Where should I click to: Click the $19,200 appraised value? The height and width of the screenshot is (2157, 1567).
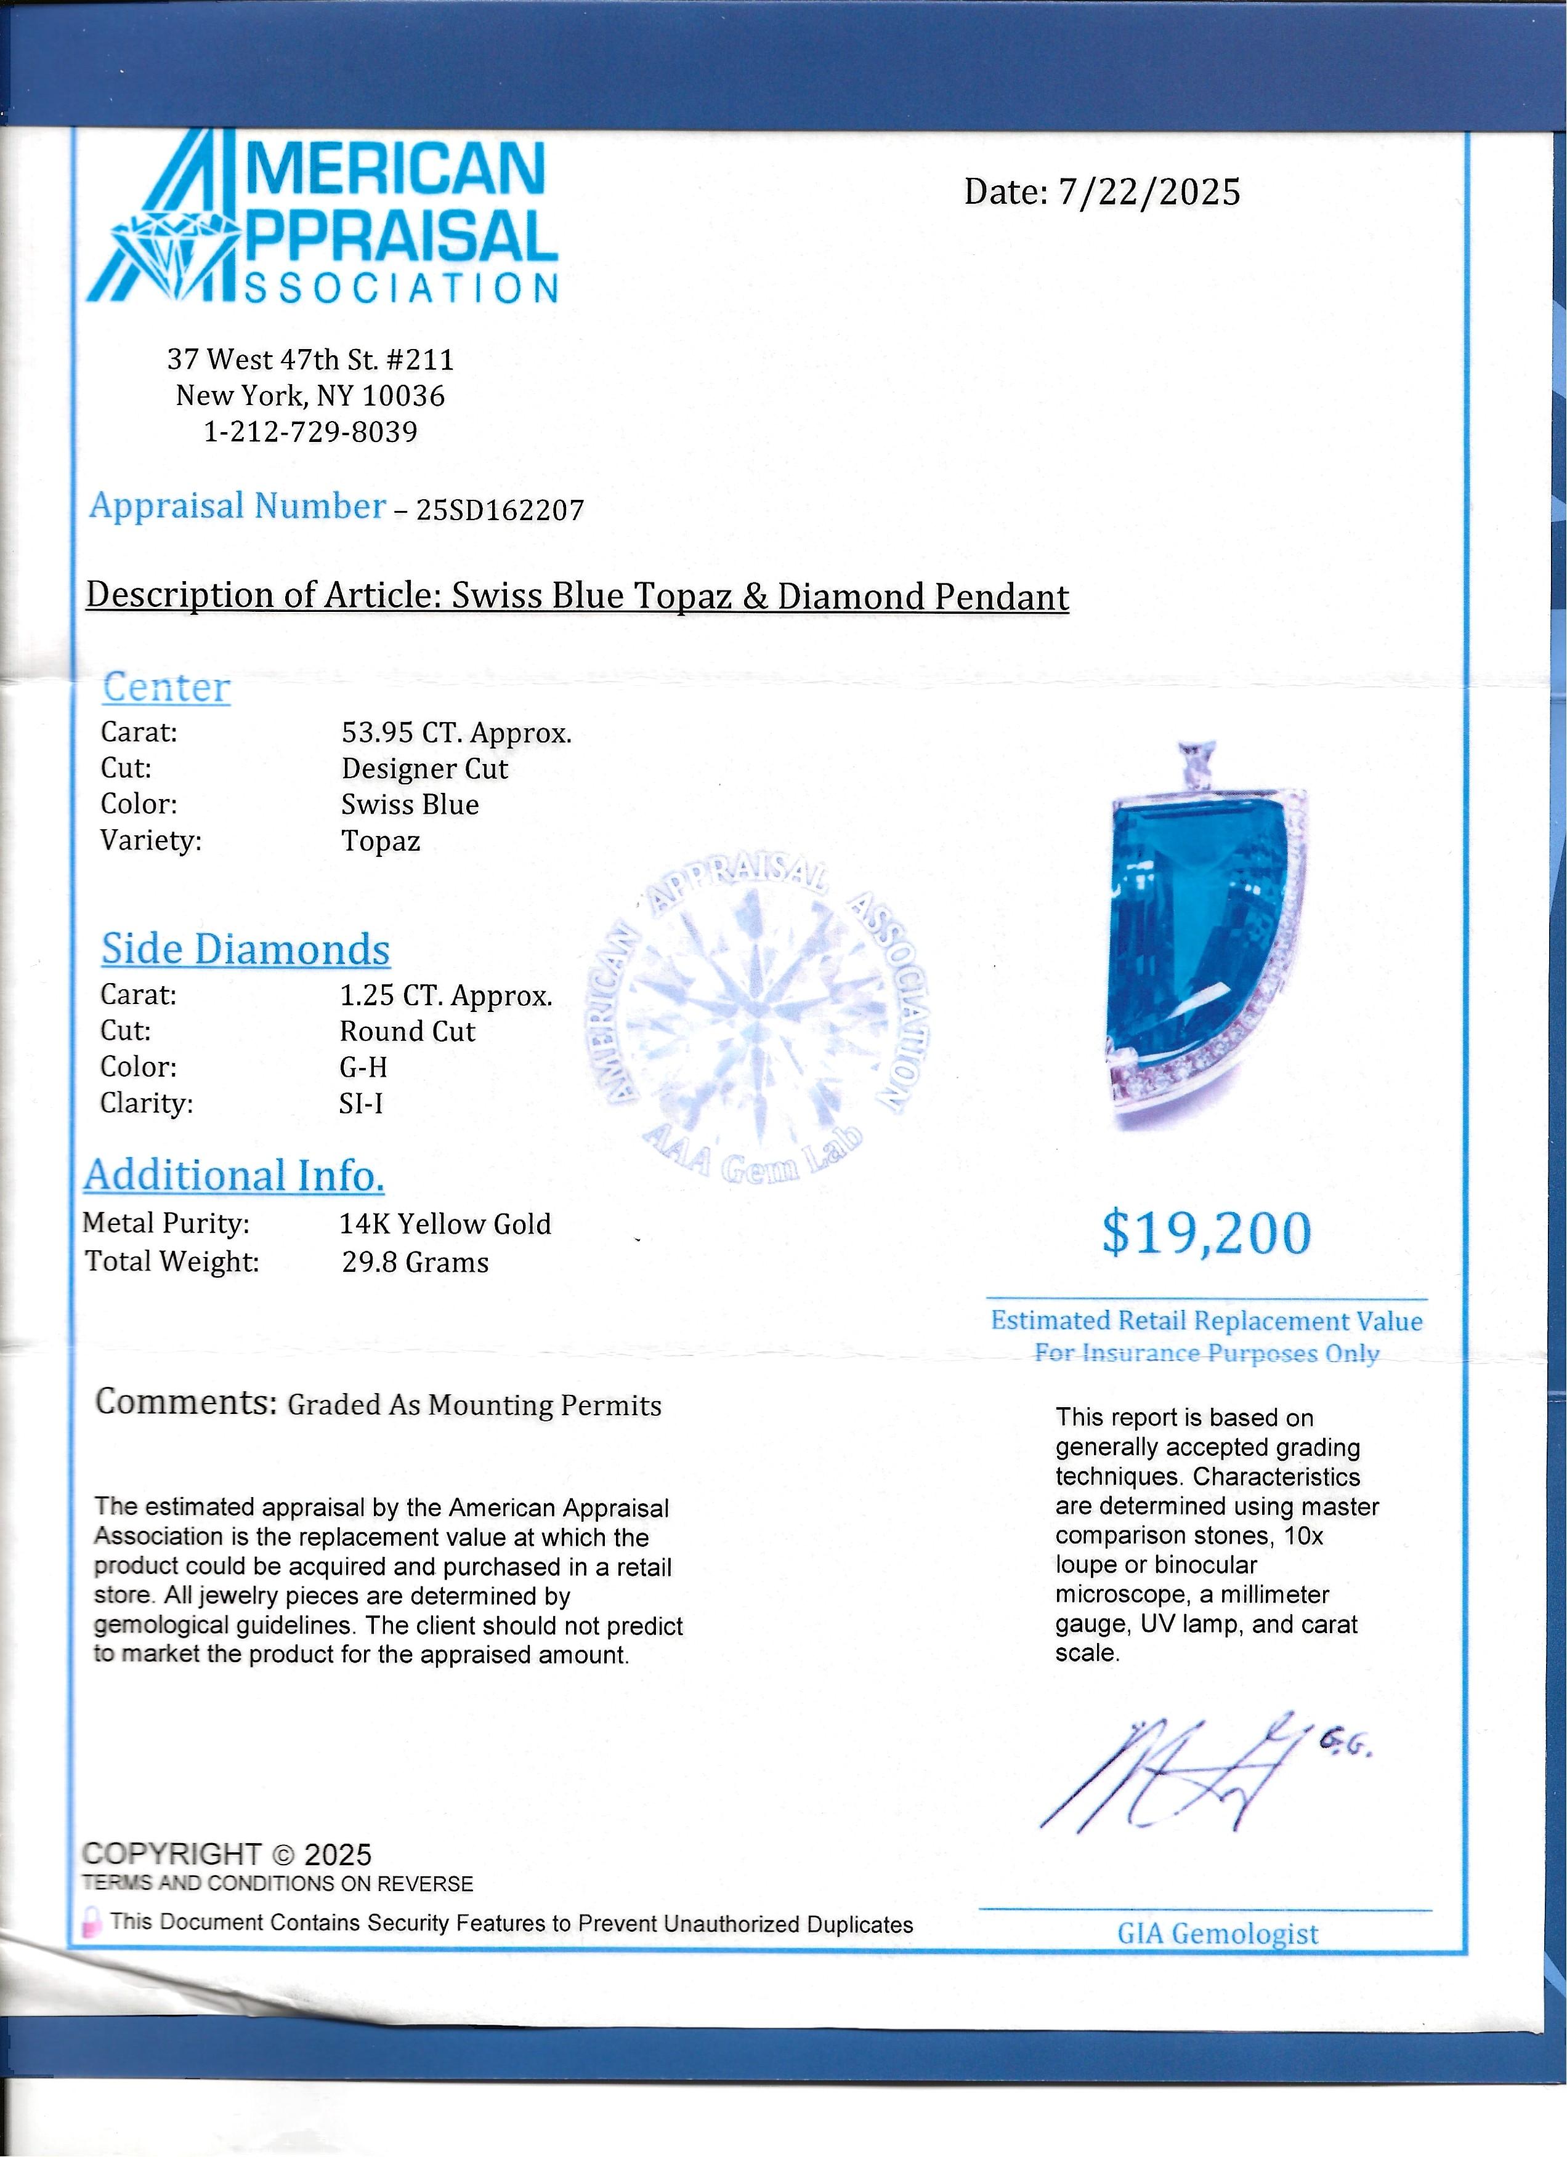(x=1205, y=1234)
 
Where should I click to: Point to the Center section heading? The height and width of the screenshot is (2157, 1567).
(x=166, y=688)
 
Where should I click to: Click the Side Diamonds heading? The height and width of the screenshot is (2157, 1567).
(x=246, y=949)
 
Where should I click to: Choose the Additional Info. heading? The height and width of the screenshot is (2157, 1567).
(x=234, y=1176)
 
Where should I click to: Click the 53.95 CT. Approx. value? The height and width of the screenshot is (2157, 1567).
(x=456, y=733)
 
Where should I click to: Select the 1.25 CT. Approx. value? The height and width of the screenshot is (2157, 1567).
(x=445, y=996)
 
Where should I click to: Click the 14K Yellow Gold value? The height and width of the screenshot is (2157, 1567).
(x=445, y=1223)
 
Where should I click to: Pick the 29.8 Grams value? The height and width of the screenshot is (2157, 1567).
(x=415, y=1262)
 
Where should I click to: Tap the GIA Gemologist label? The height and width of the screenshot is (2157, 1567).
(x=1217, y=1934)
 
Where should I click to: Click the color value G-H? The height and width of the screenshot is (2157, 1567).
(x=363, y=1067)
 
